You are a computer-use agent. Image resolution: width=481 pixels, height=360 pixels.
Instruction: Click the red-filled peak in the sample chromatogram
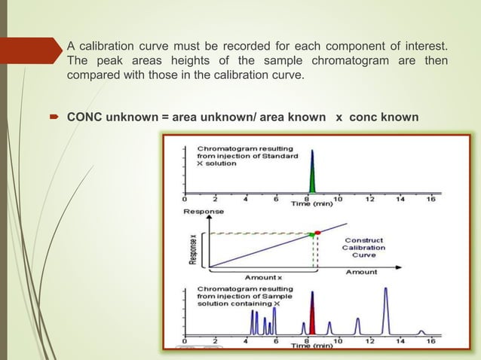click(312, 316)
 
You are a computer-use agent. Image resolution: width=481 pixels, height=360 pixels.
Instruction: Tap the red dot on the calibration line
click(317, 232)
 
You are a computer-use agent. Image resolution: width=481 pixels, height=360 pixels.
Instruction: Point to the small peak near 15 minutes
click(421, 332)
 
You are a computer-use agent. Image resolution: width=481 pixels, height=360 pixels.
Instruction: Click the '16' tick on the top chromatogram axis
click(430, 200)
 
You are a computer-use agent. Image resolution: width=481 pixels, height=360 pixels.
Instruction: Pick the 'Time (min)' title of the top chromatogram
click(313, 204)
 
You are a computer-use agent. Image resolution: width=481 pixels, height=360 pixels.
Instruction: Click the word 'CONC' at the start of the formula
click(83, 117)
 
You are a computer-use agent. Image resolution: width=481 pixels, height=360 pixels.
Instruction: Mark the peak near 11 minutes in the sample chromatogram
click(357, 325)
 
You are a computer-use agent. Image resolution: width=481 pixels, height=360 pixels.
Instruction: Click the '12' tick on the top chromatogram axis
click(369, 200)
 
